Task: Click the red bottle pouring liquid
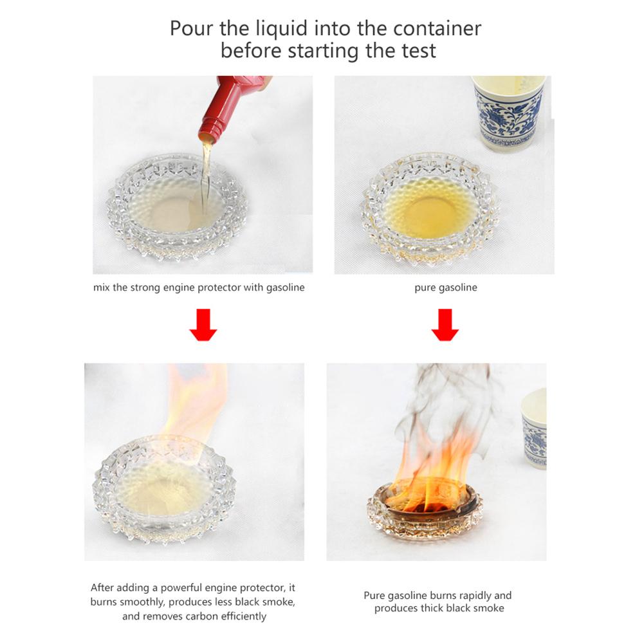(x=228, y=106)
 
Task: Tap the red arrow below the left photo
(x=203, y=325)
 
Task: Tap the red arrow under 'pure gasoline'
(x=445, y=325)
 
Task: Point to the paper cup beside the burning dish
(x=534, y=428)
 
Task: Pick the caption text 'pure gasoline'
(x=445, y=288)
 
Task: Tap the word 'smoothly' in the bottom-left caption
(x=145, y=602)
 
